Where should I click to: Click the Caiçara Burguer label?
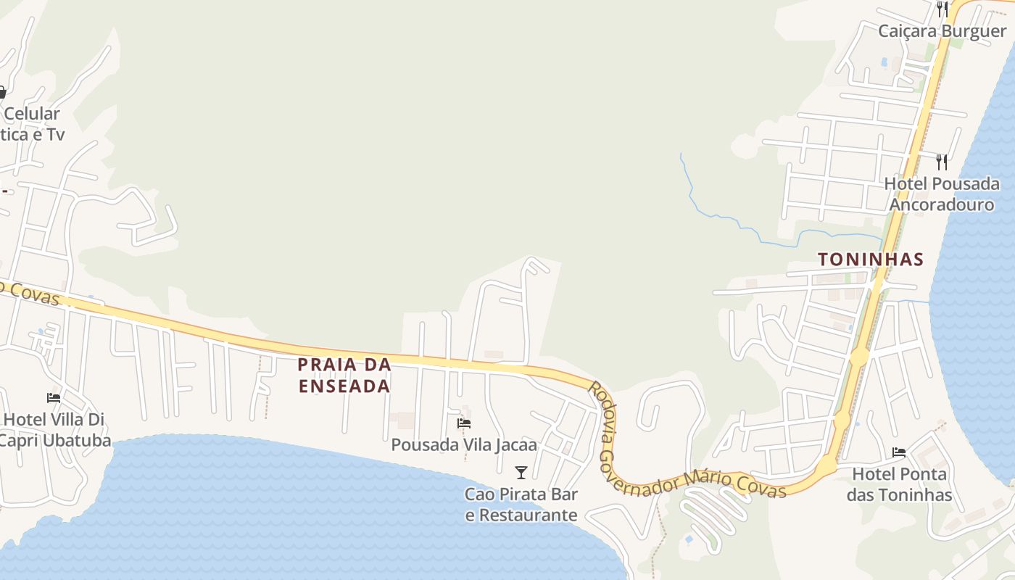[x=942, y=31]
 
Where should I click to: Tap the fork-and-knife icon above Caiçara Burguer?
[x=942, y=9]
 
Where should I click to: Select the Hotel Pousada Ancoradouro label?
[x=941, y=194]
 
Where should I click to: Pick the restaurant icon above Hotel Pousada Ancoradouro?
[x=942, y=162]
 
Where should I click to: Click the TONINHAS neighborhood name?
[x=870, y=260]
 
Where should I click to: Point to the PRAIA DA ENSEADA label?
[x=344, y=375]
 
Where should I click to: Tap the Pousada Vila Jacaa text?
[x=464, y=444]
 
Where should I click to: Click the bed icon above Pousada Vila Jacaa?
[x=464, y=423]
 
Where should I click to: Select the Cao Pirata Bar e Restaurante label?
[x=521, y=505]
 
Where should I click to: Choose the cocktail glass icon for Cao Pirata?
[x=521, y=473]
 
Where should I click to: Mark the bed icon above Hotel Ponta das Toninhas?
[x=899, y=452]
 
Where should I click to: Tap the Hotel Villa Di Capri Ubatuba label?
[x=54, y=430]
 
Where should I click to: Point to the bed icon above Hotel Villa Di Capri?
[x=54, y=397]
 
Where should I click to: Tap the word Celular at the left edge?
[x=31, y=114]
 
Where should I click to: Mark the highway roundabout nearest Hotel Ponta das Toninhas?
[x=826, y=466]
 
